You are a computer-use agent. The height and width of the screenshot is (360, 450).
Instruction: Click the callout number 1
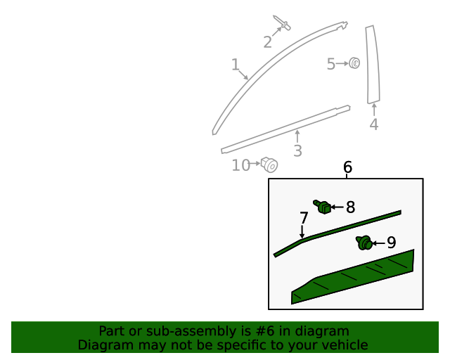[x=236, y=65]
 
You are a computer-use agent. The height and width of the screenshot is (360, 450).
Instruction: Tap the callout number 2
[x=267, y=42]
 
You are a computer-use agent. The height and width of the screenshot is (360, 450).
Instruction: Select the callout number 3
[x=297, y=150]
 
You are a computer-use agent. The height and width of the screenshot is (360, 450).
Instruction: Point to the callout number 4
[x=373, y=124]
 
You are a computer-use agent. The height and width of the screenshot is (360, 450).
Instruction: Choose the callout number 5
[x=331, y=65]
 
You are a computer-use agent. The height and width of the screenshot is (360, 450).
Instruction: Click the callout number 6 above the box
[x=347, y=167]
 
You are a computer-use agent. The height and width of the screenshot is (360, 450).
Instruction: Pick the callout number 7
[x=304, y=218]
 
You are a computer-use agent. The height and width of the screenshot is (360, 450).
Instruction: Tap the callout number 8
[x=350, y=207]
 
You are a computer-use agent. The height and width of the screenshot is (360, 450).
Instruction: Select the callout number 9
[x=391, y=243]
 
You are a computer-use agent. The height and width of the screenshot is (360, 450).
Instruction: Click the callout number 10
[x=241, y=165]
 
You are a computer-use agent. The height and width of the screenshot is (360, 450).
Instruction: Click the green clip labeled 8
[x=323, y=207]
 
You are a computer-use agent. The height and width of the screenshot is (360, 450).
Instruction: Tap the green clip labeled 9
[x=364, y=243]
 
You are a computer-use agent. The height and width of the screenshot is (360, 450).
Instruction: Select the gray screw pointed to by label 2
[x=284, y=24]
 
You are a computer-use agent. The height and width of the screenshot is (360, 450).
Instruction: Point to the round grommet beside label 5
[x=354, y=64]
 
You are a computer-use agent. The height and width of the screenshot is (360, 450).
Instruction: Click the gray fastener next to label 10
[x=269, y=165]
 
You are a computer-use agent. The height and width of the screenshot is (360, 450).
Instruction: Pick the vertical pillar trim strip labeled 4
[x=372, y=65]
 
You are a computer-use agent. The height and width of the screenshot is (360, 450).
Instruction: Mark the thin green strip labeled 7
[x=337, y=229]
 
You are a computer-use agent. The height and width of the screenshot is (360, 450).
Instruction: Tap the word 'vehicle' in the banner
[x=342, y=345]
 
